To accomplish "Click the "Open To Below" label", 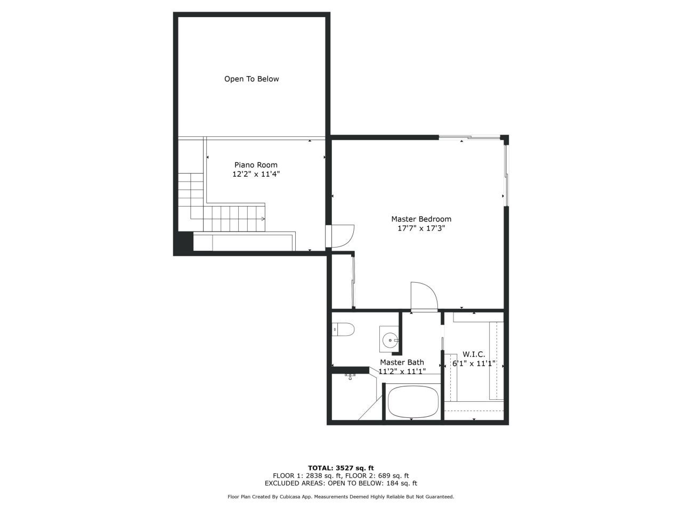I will tap(251, 79).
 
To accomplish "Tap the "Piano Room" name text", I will tap(256, 165).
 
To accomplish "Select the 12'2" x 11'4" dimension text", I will tap(256, 174).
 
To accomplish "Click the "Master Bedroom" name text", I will tap(421, 219).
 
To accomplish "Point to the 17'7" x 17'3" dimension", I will tap(421, 228).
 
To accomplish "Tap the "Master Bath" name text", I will tap(402, 362).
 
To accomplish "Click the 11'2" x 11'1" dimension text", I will tap(402, 372).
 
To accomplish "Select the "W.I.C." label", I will tap(474, 354).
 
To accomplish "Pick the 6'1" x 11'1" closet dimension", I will tap(474, 364).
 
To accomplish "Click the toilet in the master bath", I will tap(344, 330).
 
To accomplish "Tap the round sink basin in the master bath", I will tap(391, 339).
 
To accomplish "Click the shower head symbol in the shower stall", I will tap(350, 376).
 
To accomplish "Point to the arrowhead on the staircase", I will tap(263, 219).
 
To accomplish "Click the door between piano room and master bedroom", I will tap(341, 236).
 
